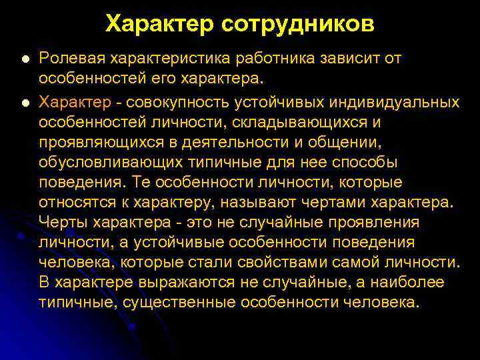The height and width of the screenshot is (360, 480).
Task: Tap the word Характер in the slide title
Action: (x=157, y=24)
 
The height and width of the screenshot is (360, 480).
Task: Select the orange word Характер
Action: (x=75, y=102)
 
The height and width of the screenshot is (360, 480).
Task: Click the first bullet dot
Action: (x=25, y=59)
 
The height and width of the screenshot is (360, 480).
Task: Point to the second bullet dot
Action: (x=25, y=103)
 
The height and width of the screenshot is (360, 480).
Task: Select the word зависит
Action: (x=353, y=59)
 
